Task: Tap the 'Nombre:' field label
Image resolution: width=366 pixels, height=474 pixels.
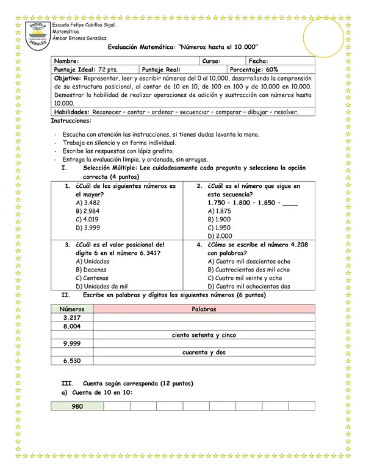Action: [66, 62]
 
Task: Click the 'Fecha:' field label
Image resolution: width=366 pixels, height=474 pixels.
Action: [259, 62]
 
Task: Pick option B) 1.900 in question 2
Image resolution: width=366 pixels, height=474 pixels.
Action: [219, 219]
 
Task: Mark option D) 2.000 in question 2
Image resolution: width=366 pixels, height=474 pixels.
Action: [219, 235]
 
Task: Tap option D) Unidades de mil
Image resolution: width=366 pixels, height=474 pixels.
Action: [101, 286]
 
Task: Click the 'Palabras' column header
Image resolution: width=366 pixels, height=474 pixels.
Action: [204, 309]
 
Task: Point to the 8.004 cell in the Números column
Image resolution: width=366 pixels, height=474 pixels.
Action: [72, 327]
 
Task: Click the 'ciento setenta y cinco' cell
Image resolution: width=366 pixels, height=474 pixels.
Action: [204, 336]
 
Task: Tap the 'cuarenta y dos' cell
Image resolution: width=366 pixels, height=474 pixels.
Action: [204, 353]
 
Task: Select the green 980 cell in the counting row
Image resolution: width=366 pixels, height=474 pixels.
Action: [77, 406]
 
